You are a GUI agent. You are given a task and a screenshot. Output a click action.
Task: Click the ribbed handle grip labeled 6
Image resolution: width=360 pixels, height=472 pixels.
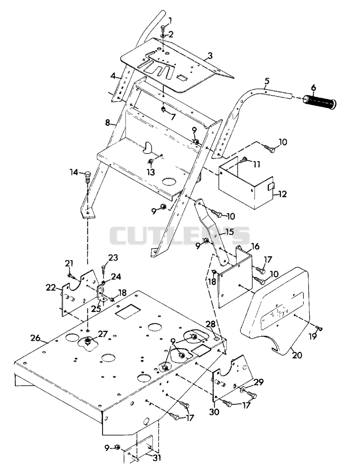(319, 102)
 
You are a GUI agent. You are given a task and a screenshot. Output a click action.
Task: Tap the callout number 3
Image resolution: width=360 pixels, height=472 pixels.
(210, 56)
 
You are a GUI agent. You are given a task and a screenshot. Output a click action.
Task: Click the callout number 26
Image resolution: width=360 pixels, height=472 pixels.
(35, 338)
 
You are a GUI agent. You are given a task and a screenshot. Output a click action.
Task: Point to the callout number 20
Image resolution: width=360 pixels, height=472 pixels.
(297, 355)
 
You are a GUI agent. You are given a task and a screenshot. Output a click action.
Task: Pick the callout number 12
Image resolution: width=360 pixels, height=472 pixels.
(282, 194)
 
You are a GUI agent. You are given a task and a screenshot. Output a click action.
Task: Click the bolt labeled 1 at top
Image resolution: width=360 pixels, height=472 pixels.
(163, 28)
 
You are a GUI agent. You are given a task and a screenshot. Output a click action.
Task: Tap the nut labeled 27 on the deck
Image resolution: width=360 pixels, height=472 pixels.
(88, 341)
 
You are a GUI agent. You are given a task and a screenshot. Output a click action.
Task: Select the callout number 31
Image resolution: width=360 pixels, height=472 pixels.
(156, 458)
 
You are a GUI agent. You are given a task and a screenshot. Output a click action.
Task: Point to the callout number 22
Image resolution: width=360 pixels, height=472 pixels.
(51, 288)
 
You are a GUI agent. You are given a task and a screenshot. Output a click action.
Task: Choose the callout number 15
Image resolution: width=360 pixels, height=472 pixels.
(229, 232)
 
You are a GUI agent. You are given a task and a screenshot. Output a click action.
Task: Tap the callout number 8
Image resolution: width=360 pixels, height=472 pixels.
(108, 122)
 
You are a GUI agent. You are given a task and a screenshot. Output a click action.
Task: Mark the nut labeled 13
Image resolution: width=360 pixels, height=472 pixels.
(150, 162)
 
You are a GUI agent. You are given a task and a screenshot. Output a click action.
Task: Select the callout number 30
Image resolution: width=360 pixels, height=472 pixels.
(214, 412)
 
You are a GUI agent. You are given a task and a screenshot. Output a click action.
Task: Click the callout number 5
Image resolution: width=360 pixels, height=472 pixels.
(267, 81)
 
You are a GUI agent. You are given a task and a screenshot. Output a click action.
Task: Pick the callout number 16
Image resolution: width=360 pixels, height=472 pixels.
(255, 246)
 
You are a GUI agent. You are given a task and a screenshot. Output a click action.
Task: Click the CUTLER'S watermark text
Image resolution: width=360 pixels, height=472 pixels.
(180, 235)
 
